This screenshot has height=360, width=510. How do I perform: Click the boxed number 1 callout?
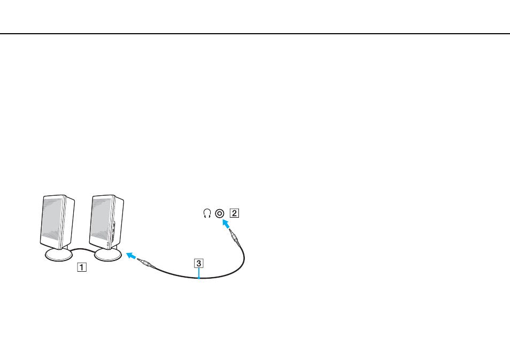(x=82, y=267)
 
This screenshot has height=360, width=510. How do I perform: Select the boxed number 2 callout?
(x=234, y=213)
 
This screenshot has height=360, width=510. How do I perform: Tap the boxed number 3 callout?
(x=199, y=263)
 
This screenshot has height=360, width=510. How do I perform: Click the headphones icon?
(x=207, y=213)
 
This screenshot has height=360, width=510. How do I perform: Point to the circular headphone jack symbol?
(x=220, y=213)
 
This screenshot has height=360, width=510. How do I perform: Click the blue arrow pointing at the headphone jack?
(x=226, y=224)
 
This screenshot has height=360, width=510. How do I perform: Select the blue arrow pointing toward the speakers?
(x=131, y=256)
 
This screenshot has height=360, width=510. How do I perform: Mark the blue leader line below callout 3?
(x=199, y=273)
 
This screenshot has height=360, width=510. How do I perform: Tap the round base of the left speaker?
(x=59, y=255)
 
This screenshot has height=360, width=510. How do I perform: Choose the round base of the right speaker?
(x=108, y=255)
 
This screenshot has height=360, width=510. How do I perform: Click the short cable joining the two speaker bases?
(x=83, y=250)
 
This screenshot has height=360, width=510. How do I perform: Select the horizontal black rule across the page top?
(x=255, y=34)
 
